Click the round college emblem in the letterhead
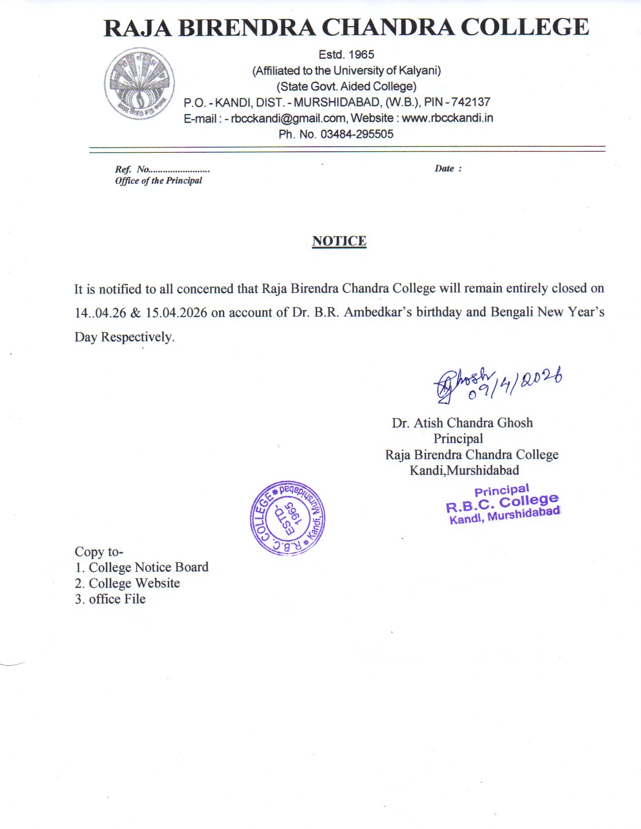(139, 83)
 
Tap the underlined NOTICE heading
(339, 241)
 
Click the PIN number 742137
(471, 102)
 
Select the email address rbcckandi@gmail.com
(288, 118)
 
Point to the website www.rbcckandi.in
(447, 118)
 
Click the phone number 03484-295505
(356, 134)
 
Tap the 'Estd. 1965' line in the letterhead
(346, 54)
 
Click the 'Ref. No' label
(132, 169)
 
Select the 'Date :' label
(447, 169)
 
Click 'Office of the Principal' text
(158, 181)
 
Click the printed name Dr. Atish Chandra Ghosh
(462, 423)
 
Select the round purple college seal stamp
(288, 518)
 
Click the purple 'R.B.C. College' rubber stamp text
(502, 502)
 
